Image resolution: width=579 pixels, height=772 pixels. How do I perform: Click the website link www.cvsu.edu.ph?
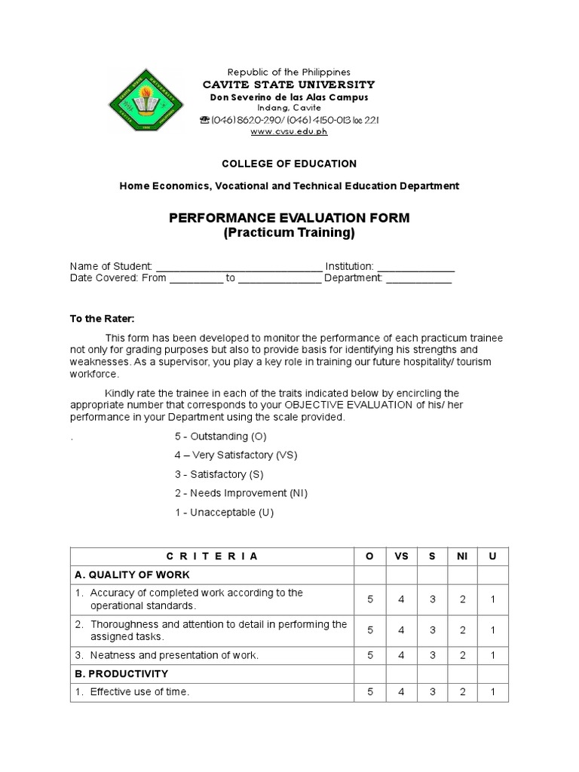coord(289,131)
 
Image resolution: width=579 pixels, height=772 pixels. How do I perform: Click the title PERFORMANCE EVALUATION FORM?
coord(289,218)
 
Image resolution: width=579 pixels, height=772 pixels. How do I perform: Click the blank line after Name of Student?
coord(237,267)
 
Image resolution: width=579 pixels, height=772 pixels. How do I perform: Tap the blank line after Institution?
coord(415,267)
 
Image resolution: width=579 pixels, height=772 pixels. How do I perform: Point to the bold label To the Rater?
coord(102,319)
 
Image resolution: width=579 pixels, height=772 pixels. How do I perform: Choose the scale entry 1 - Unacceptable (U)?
coord(224,513)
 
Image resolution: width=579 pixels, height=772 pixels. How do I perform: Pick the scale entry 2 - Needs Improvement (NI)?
coord(240,493)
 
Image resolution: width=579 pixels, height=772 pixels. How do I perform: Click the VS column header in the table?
coord(401,556)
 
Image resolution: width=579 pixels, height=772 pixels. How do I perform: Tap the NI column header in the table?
coord(462,556)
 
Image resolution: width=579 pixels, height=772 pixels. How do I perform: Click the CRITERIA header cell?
coord(212,556)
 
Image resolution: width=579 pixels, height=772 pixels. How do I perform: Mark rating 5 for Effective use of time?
coord(370,692)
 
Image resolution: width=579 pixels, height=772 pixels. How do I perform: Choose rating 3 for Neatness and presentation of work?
coord(432,655)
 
